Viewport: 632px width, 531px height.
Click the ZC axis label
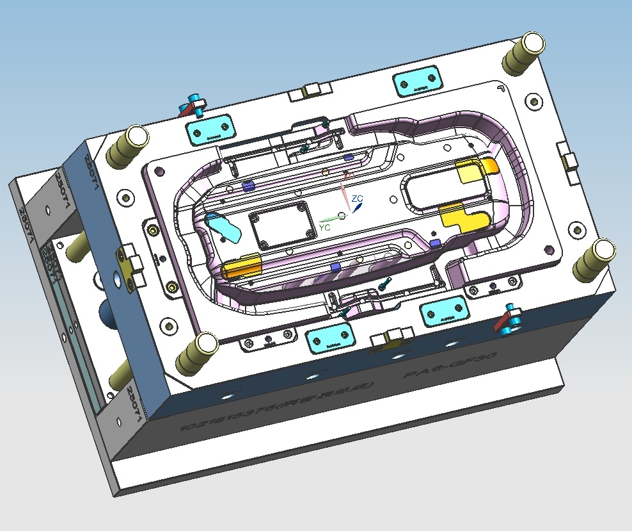pos(358,199)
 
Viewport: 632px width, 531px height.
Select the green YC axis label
pos(324,227)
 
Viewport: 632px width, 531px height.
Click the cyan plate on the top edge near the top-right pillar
pos(418,83)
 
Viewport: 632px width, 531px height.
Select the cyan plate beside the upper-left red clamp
pos(209,129)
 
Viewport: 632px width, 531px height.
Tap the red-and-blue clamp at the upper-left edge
pos(193,106)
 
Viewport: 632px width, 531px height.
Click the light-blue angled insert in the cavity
pos(225,227)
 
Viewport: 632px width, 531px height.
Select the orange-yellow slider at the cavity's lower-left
pos(243,266)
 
